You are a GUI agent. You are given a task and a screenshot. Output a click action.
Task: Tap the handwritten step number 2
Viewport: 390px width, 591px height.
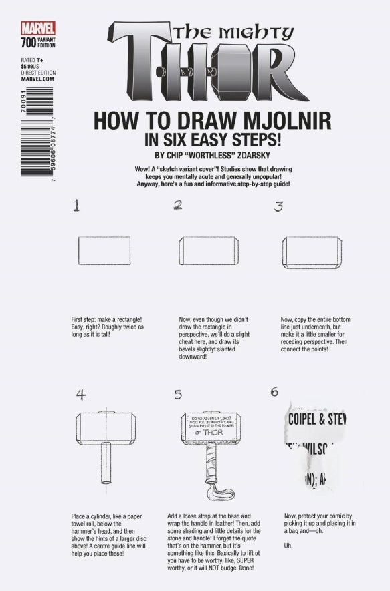tap(178, 206)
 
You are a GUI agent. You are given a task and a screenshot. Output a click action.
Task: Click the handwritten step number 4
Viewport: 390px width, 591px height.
tap(81, 394)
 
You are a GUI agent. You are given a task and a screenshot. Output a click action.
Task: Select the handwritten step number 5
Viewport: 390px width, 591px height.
tap(178, 395)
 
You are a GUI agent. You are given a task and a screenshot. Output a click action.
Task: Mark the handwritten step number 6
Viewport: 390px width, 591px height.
tap(274, 392)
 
